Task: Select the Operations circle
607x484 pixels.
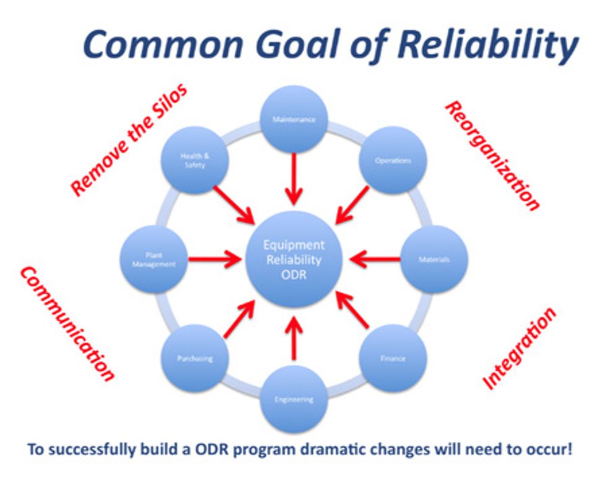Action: point(393,160)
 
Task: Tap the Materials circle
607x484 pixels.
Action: point(434,259)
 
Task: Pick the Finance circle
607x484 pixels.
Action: point(393,358)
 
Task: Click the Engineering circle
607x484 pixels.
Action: point(294,399)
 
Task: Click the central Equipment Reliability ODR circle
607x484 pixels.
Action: point(294,259)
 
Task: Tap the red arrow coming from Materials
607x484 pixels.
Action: point(375,259)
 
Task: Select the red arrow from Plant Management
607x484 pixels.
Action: point(213,259)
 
